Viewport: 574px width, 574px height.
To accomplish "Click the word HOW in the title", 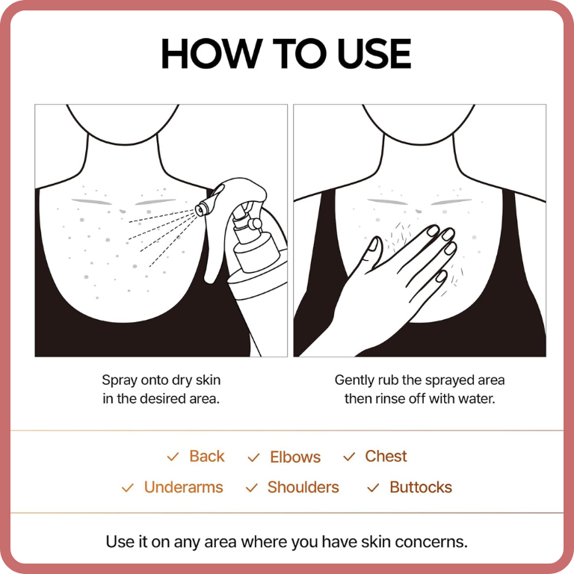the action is tap(212, 54).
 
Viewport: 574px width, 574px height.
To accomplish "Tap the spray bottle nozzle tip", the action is tap(200, 210).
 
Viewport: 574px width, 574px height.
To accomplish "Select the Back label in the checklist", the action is tap(207, 456).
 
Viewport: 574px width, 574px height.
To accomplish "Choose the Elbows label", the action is tap(295, 457).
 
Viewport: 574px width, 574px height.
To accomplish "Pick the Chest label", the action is tap(386, 456).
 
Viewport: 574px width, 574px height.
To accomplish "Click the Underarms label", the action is tap(183, 487).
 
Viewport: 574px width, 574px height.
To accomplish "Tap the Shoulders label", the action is tap(303, 487).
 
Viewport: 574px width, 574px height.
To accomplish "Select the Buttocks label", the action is tap(421, 487).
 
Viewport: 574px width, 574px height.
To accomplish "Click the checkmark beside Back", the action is tap(173, 457).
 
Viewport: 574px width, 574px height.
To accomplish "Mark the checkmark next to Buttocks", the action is tap(373, 488).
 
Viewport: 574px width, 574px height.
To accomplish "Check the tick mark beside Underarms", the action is tap(127, 488).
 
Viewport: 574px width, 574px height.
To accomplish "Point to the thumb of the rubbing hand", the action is tap(371, 253).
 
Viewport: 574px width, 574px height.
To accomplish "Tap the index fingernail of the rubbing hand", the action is tap(433, 231).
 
